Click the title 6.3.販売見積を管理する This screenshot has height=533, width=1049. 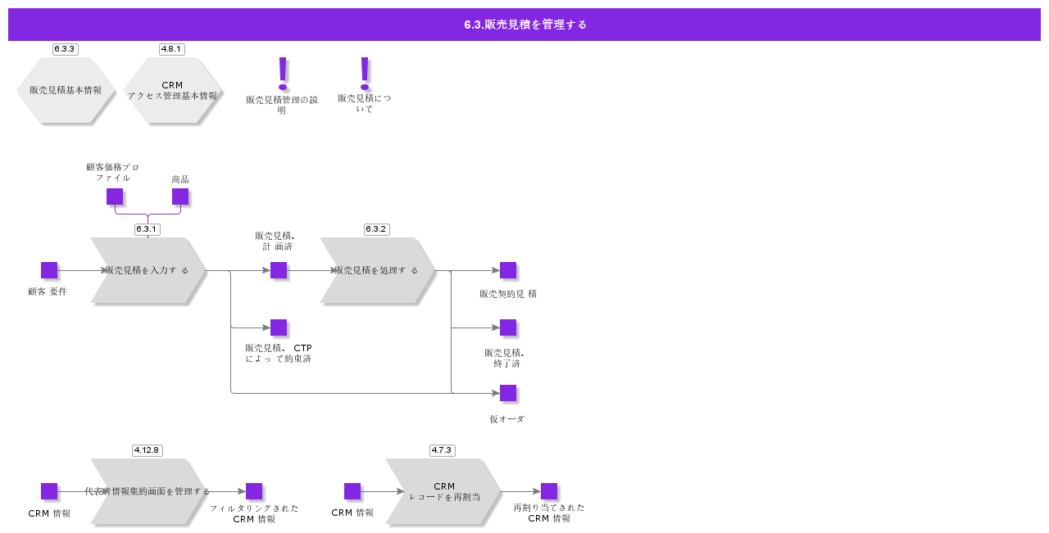524,25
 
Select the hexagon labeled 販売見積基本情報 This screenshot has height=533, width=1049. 66,90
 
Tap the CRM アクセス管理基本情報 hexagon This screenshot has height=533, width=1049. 172,90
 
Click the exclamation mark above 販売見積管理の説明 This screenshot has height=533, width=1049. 283,73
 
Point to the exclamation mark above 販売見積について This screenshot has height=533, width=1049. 365,73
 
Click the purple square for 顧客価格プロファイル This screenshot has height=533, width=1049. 115,196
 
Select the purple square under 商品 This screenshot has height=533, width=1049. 180,196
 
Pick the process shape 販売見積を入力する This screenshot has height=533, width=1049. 148,270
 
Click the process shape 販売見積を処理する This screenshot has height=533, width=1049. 377,270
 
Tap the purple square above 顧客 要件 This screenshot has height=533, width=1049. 49,270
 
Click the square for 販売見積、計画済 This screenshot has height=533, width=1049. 279,270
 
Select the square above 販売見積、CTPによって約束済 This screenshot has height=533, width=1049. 279,327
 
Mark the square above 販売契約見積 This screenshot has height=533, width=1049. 508,270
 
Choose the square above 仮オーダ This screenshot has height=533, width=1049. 508,393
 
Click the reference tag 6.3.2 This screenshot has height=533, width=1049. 376,229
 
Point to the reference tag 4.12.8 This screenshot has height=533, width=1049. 147,450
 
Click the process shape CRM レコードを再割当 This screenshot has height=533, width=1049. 443,491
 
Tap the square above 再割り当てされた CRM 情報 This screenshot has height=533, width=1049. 549,491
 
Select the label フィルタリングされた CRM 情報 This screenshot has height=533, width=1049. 254,513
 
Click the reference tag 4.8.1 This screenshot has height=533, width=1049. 171,49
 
